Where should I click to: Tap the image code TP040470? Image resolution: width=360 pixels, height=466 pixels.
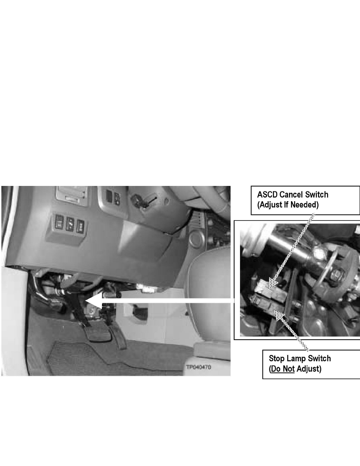[x=199, y=368]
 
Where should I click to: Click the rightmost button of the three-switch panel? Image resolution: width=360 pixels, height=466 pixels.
[x=81, y=225]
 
